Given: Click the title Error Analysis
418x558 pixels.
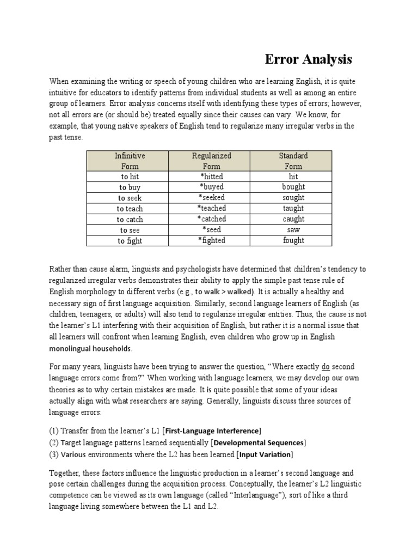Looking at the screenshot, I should pos(309,59).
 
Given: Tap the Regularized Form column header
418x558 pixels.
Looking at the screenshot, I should pos(212,161).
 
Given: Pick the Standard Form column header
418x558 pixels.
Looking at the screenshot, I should pos(293,161).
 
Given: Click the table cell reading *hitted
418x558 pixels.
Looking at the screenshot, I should pos(212,177).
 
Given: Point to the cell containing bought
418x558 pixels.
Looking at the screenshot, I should pos(293,187).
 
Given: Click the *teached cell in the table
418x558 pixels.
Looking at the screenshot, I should pos(212,208).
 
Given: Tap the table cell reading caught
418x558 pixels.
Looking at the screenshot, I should pos(293,219).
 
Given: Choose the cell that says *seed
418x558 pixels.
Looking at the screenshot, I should pos(212,230).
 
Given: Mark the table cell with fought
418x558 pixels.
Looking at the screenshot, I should pos(293,240).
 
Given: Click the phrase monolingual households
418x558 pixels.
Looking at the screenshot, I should pos(90,348).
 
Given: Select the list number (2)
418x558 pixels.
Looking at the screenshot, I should pos(54,442).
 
